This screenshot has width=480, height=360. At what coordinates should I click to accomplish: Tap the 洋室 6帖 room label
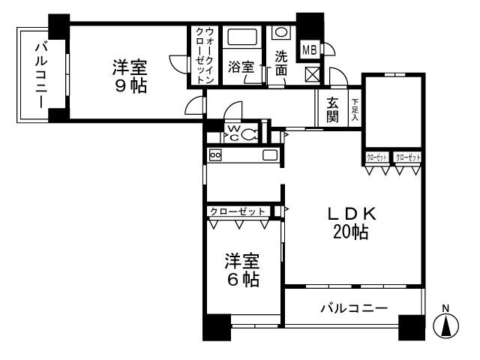tap(243, 271)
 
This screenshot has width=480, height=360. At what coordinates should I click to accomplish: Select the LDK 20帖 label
tap(350, 223)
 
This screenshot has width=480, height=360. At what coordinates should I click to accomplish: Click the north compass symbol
tap(447, 324)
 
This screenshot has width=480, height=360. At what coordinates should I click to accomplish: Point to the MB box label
tap(309, 50)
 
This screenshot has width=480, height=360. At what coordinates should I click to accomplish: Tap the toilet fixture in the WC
tap(250, 135)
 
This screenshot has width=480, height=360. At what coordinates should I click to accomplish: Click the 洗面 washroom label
tap(280, 63)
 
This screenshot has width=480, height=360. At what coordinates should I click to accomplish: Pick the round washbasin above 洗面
tap(280, 32)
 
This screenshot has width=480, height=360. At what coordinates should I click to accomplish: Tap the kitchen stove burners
tap(215, 154)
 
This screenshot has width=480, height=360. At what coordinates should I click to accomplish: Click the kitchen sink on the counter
tap(270, 154)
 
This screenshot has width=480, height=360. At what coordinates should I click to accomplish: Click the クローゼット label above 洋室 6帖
tap(238, 211)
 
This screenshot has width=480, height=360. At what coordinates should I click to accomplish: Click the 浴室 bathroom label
tap(241, 66)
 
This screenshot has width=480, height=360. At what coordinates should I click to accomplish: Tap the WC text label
tap(232, 133)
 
